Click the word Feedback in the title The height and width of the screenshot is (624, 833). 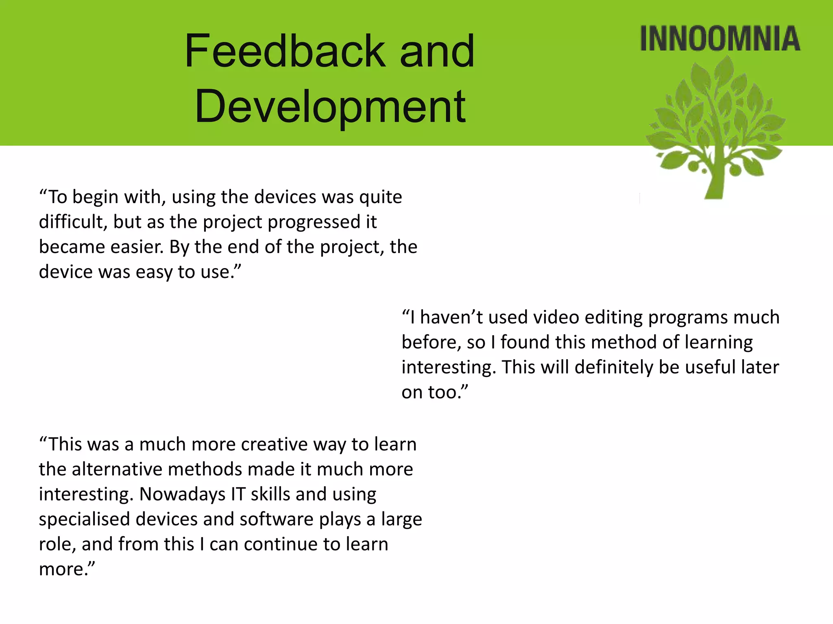[285, 51]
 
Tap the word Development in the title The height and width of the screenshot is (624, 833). [330, 106]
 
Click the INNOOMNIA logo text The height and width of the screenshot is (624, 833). [720, 39]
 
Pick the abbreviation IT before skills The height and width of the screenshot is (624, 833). [238, 494]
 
